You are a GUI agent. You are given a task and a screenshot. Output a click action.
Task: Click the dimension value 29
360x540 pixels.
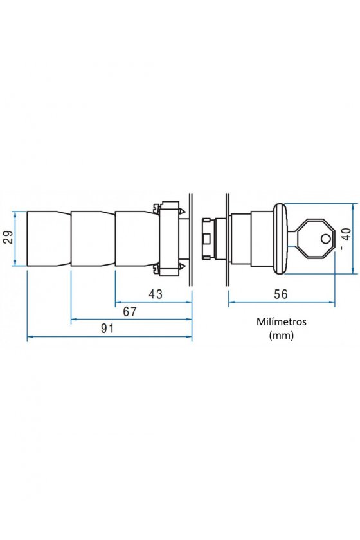coord(8,237)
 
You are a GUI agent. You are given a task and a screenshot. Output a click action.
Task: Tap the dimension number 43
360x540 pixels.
coord(156,294)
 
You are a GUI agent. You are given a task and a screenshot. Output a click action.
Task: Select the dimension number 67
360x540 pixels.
coord(130,311)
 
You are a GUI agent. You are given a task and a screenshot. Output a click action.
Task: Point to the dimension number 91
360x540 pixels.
coord(107,328)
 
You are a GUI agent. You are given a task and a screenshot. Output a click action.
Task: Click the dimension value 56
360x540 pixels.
coord(280,294)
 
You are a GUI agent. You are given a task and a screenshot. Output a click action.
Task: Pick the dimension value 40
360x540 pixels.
coord(346,234)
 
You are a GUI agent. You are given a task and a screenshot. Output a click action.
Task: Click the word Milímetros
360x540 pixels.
coord(282,321)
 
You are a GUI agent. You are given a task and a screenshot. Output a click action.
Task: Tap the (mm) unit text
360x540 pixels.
coord(282,335)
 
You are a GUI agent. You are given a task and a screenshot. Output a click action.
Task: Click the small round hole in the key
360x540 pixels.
coord(325,239)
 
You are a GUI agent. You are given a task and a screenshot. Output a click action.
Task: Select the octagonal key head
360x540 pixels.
coord(315,239)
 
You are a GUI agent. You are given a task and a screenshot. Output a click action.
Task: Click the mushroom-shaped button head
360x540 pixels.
coord(281,239)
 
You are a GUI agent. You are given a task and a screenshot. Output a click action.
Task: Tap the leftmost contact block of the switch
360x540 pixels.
coord(49,239)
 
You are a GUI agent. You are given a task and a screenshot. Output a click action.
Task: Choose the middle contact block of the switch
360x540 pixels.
coord(93,239)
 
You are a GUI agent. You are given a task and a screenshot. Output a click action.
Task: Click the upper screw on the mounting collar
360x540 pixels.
coord(156,208)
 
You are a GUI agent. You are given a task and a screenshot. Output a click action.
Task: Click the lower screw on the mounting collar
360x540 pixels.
coord(156,269)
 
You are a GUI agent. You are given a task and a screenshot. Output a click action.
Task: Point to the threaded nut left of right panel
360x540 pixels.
coord(207,239)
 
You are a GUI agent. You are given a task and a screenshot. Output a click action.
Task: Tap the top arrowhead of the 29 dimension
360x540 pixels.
coord(15,214)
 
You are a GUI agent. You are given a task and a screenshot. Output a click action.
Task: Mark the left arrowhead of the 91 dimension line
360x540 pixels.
coord(30,336)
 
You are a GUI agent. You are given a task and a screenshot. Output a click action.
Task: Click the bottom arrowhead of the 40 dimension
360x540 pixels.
coord(354,271)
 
